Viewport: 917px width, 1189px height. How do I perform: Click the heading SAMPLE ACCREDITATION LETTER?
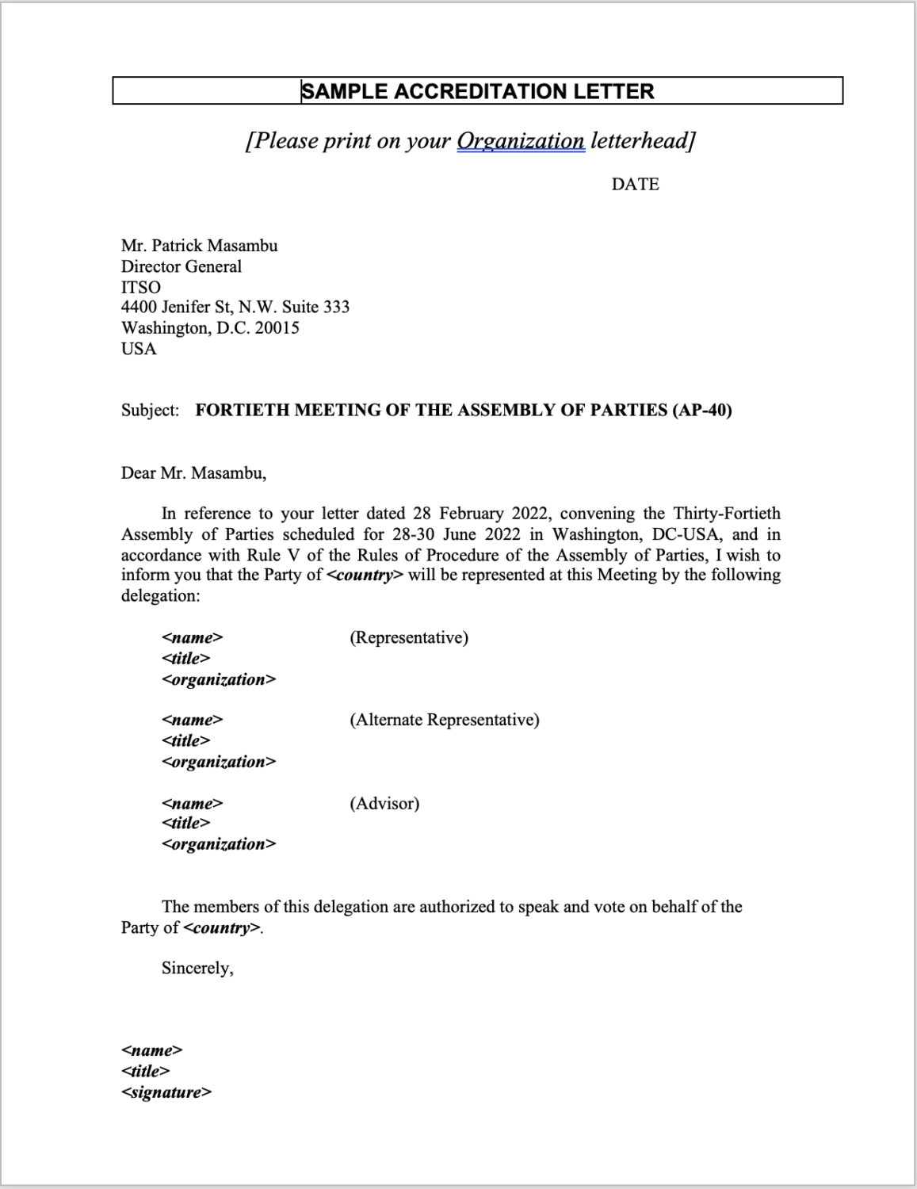[x=478, y=91]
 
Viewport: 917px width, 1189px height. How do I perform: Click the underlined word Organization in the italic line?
[x=521, y=141]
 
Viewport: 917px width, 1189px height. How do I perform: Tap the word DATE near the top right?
[x=635, y=184]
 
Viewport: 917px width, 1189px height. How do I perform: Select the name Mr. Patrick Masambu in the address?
[x=199, y=246]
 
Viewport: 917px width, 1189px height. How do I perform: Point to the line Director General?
[x=181, y=266]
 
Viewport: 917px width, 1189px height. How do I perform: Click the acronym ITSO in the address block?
[x=140, y=287]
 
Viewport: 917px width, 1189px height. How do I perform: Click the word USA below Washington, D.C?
[x=139, y=349]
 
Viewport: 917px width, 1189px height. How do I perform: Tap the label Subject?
[x=150, y=410]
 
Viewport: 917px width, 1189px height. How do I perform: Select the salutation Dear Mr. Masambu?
[x=193, y=473]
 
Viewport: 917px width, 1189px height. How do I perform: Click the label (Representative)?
[x=408, y=637]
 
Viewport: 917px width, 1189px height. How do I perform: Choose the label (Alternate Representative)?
[x=444, y=720]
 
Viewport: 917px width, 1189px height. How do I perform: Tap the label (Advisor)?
[x=384, y=803]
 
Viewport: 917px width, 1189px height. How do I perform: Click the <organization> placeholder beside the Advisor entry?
[x=219, y=844]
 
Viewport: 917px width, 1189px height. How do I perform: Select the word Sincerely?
[x=197, y=968]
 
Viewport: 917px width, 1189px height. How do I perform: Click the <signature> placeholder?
[x=166, y=1092]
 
